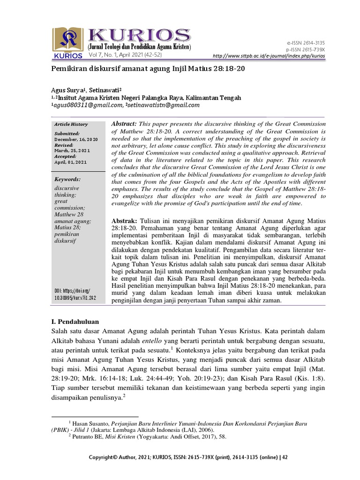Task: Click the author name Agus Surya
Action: [66, 90]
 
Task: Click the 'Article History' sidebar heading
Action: [71, 124]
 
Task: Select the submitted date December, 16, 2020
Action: [76, 140]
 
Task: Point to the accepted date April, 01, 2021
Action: [70, 162]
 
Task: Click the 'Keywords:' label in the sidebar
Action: [67, 179]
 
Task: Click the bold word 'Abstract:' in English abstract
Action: [124, 123]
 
